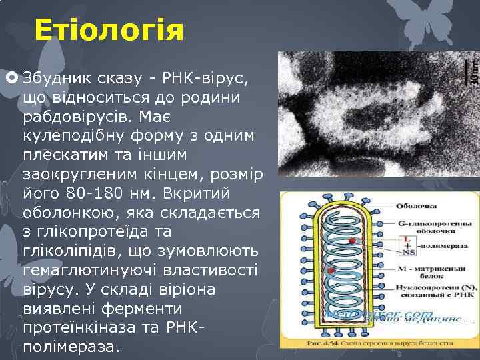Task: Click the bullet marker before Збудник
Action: pyautogui.click(x=13, y=79)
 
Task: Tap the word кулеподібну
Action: pyautogui.click(x=76, y=137)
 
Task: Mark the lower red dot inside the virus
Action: pyautogui.click(x=331, y=271)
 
